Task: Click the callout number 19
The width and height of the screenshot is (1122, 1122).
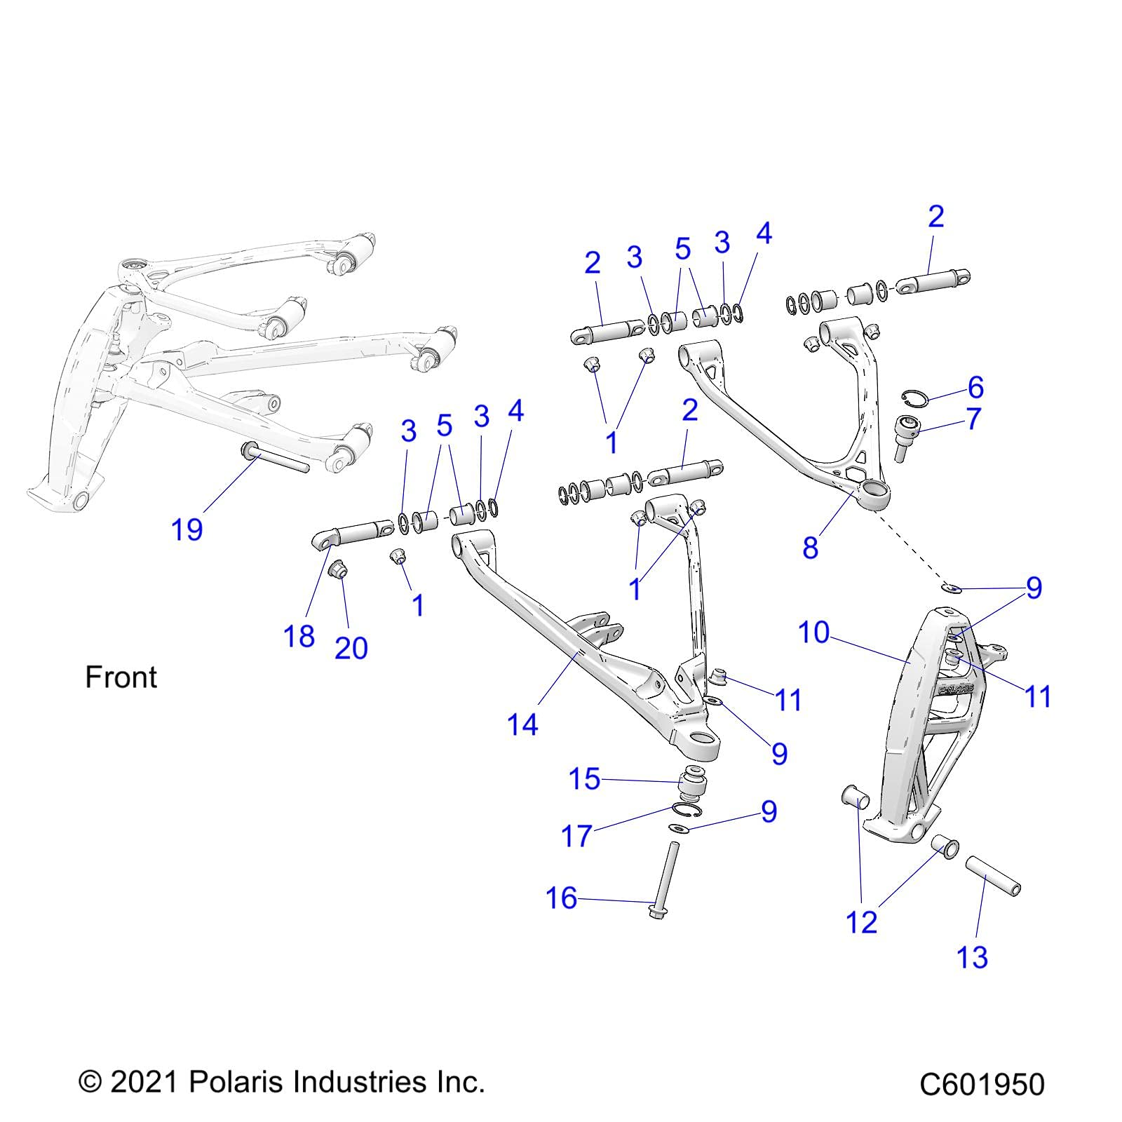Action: (187, 529)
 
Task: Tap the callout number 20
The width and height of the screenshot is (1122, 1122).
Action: (351, 648)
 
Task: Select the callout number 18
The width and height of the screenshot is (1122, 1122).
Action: (299, 636)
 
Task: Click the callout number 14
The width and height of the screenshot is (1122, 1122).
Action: (522, 724)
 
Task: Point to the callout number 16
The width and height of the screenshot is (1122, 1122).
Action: (561, 898)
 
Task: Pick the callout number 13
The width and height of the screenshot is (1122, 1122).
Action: (972, 957)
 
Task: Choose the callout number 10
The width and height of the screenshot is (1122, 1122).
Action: (813, 633)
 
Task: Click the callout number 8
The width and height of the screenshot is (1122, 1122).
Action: (810, 548)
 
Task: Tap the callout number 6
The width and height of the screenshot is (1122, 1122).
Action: (975, 387)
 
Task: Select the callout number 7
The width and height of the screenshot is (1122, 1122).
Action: (973, 419)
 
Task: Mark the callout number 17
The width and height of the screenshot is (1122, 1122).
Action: (576, 836)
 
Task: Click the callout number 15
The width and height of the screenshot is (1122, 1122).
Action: (584, 778)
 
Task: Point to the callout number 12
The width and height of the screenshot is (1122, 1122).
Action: (862, 922)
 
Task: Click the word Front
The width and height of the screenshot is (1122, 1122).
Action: (121, 677)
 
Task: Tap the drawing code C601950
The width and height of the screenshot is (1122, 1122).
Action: (982, 1085)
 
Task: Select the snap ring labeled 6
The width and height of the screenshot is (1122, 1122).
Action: (914, 398)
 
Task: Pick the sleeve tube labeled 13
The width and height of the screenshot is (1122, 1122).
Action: (992, 874)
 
